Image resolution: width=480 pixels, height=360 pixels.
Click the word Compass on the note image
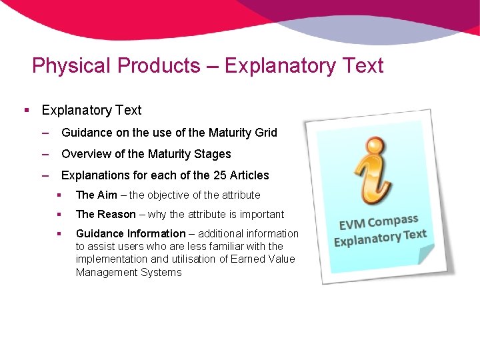393,221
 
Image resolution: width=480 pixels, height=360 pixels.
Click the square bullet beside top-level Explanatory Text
27,110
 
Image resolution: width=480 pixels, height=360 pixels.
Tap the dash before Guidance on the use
45,133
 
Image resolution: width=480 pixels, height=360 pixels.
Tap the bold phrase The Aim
96,195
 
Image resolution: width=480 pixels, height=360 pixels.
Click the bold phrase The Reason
105,215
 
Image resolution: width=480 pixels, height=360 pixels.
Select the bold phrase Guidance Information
131,234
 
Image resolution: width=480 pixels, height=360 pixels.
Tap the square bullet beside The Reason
59,215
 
